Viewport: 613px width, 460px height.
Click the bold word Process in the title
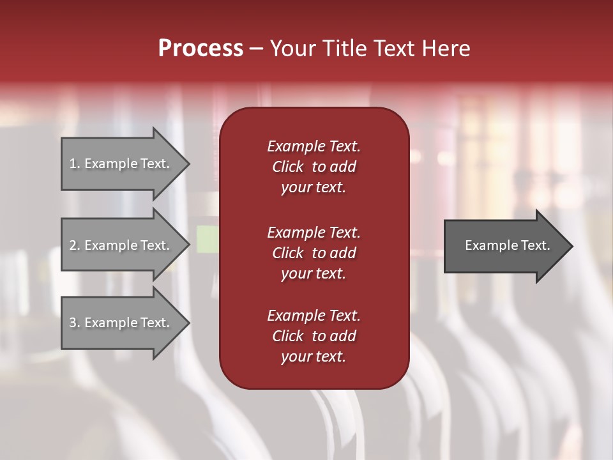[x=201, y=49]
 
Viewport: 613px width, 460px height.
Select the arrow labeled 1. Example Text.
[x=120, y=164]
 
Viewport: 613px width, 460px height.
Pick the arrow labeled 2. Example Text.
[x=120, y=245]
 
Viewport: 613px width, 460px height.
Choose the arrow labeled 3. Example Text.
[x=120, y=323]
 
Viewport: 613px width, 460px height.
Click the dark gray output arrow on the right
[x=504, y=245]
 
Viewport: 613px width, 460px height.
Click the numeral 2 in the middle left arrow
[x=73, y=245]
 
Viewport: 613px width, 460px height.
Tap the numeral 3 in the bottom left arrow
[x=73, y=323]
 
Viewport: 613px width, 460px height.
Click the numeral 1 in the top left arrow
[x=73, y=164]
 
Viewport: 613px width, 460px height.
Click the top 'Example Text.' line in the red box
[x=314, y=146]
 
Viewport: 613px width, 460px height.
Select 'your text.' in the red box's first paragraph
[x=314, y=187]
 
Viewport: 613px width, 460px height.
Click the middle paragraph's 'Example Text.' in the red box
[x=314, y=233]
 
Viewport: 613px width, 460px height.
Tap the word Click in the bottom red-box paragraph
[x=287, y=336]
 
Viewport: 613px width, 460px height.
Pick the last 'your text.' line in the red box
[x=314, y=356]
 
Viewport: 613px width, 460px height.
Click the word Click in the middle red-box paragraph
[x=287, y=253]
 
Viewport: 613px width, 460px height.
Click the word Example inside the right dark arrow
[x=486, y=245]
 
